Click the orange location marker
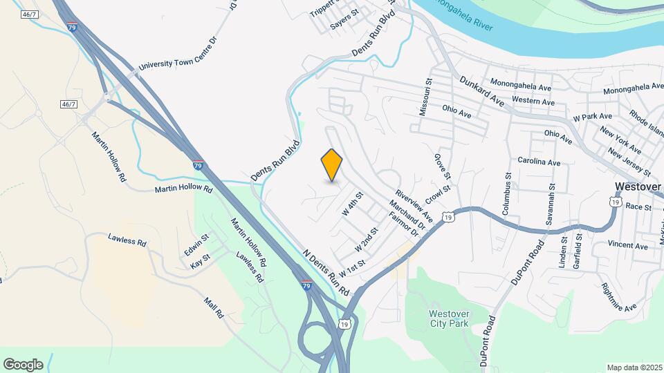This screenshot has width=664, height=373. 332,165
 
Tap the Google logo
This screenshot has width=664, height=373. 23,365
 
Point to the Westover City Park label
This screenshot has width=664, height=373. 449,319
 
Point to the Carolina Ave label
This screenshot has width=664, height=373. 539,162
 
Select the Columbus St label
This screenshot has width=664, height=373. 507,198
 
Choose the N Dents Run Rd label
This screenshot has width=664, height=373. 324,270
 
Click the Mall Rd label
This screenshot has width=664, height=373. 214,307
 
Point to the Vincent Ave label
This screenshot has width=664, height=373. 627,245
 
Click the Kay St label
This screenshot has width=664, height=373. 199,265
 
